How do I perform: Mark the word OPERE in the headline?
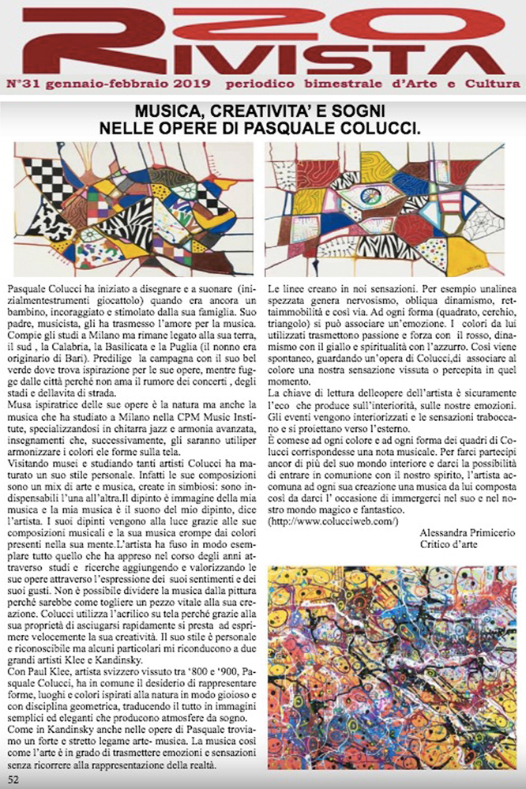pos(205,126)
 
